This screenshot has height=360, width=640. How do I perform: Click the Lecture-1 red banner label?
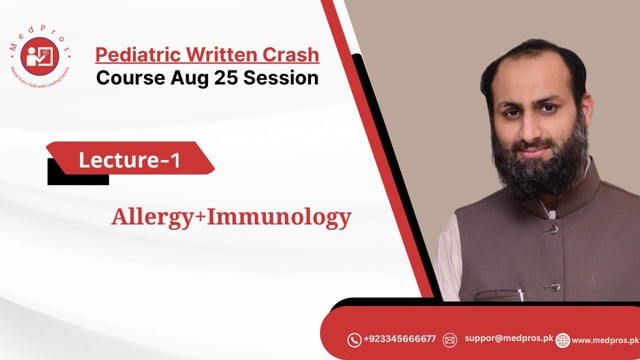[130, 156]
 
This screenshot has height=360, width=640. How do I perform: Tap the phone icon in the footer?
[353, 340]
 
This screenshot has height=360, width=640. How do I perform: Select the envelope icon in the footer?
[450, 340]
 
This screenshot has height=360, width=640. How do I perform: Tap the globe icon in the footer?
[563, 340]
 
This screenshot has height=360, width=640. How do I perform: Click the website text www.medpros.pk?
[603, 340]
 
